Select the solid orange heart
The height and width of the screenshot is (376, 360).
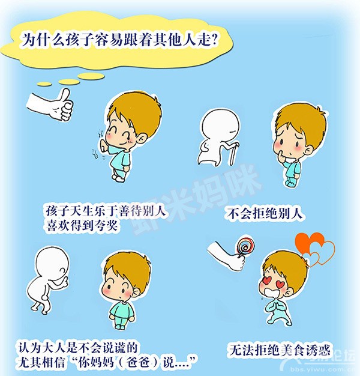[x=307, y=244]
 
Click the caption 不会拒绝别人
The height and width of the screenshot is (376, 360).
[x=265, y=213]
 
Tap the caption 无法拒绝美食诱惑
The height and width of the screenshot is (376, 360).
[x=280, y=350]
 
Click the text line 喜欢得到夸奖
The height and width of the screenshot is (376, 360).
[x=82, y=225]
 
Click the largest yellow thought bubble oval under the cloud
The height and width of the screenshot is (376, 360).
[x=91, y=76]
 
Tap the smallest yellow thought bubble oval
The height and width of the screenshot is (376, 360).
[x=44, y=83]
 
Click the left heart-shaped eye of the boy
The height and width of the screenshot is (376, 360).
[x=267, y=280]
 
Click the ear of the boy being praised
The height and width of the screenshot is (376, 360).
[x=142, y=140]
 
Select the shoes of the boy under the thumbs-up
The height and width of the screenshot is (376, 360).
[x=119, y=178]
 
